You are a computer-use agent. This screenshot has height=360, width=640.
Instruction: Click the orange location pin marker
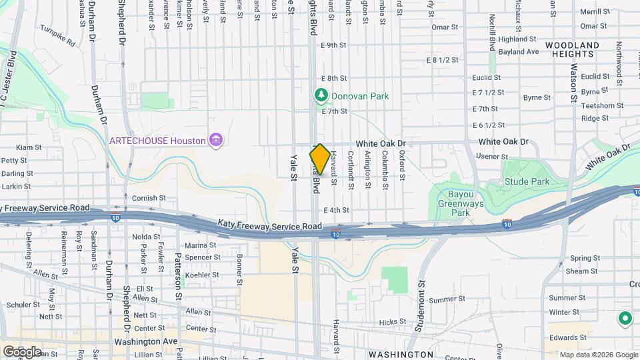(x=319, y=159)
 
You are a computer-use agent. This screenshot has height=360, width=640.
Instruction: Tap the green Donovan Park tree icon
(x=321, y=96)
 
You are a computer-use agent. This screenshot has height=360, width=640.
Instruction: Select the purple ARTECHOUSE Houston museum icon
(x=215, y=140)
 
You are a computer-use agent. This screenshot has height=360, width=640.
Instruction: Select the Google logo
(x=21, y=351)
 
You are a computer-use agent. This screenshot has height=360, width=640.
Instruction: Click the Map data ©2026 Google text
(x=598, y=355)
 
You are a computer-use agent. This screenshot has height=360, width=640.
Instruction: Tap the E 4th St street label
(x=336, y=211)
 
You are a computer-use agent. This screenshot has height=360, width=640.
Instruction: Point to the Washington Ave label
(x=140, y=342)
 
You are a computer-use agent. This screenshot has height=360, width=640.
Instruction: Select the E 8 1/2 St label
(x=443, y=60)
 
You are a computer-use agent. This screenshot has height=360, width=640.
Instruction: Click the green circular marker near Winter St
(x=625, y=319)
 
